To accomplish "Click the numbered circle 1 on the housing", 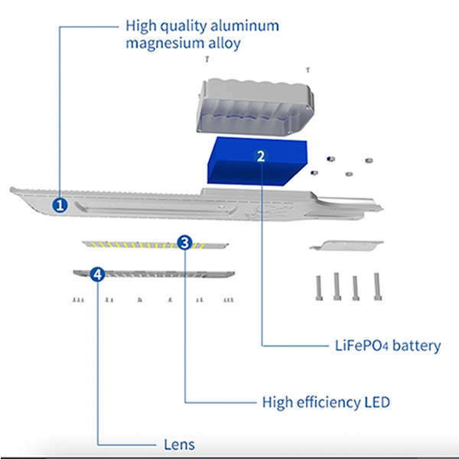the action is (60, 205).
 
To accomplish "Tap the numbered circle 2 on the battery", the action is (261, 156).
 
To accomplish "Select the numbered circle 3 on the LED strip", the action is (184, 243).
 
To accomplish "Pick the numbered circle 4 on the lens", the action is (97, 275).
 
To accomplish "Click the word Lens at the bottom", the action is (179, 444).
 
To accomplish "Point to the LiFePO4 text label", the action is (362, 346).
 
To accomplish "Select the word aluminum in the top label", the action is (245, 26).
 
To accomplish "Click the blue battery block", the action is (257, 161).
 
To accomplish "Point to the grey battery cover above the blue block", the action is (256, 107).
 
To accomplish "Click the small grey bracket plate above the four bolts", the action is (347, 246).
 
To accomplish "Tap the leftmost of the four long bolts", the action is (319, 288).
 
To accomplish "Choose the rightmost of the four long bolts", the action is (377, 287).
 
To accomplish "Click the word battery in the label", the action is (417, 346).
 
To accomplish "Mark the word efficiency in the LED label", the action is (328, 402).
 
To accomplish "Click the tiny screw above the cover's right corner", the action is (308, 70).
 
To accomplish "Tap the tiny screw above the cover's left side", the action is (207, 59).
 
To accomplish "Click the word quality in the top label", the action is (184, 27).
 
